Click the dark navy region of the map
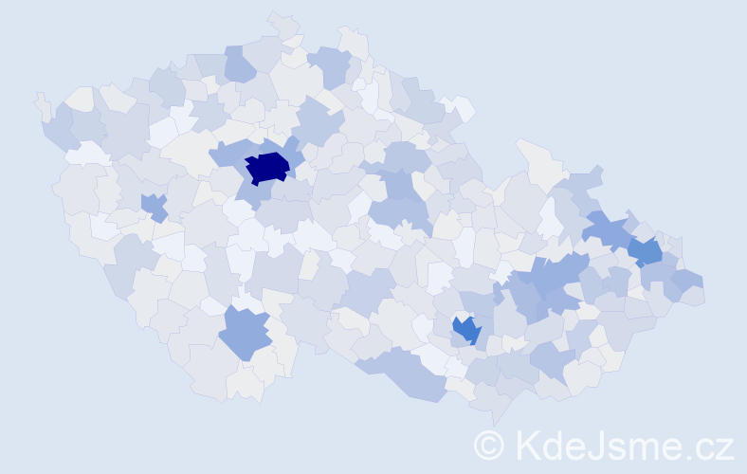click(x=266, y=168)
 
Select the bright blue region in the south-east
click(x=466, y=329)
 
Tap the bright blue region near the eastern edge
click(x=647, y=252)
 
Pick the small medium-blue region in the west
click(x=154, y=206)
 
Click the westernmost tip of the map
click(x=37, y=98)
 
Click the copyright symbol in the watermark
click(x=489, y=444)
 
